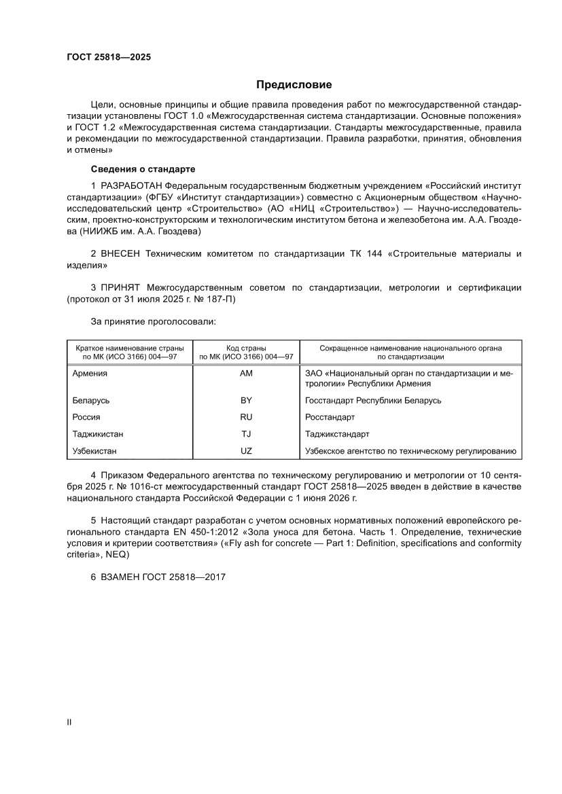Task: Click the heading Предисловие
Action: click(294, 85)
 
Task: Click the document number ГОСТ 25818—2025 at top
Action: click(104, 57)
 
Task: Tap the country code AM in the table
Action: click(246, 373)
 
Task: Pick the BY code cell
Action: click(246, 400)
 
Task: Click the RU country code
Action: click(246, 417)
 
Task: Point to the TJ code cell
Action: click(246, 433)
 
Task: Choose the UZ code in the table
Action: click(246, 450)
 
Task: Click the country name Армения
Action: click(90, 373)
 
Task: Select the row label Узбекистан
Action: click(95, 450)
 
